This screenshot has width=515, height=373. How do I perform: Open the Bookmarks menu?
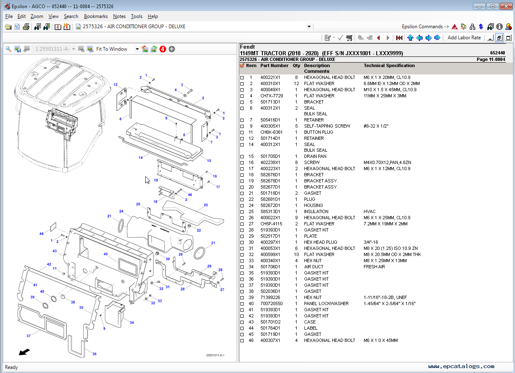click(x=95, y=16)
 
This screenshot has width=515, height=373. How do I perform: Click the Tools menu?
click(x=136, y=16)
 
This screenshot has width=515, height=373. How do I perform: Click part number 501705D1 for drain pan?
click(x=270, y=156)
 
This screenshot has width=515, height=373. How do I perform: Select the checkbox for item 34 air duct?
click(x=242, y=267)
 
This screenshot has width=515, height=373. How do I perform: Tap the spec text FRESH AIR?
click(x=374, y=267)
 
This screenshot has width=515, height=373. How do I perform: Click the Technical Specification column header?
click(x=389, y=65)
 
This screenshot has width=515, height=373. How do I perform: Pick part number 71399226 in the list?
click(x=270, y=297)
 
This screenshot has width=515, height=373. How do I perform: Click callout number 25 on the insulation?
click(x=206, y=205)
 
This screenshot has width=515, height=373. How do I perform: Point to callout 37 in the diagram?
click(x=29, y=336)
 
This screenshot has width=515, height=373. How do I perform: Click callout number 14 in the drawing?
click(x=140, y=157)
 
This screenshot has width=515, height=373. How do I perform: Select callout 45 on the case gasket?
click(x=105, y=254)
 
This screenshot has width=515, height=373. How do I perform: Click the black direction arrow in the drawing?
click(x=24, y=352)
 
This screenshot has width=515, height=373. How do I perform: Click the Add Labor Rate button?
click(x=464, y=38)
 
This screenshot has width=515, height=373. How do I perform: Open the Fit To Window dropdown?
click(x=137, y=49)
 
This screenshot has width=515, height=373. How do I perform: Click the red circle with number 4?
click(x=162, y=49)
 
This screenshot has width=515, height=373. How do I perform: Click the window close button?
click(x=506, y=6)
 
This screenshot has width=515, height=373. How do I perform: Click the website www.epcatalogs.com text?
click(x=461, y=366)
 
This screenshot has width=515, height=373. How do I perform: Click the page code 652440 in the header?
click(x=497, y=53)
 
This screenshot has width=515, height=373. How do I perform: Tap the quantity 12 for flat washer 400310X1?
click(x=297, y=83)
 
